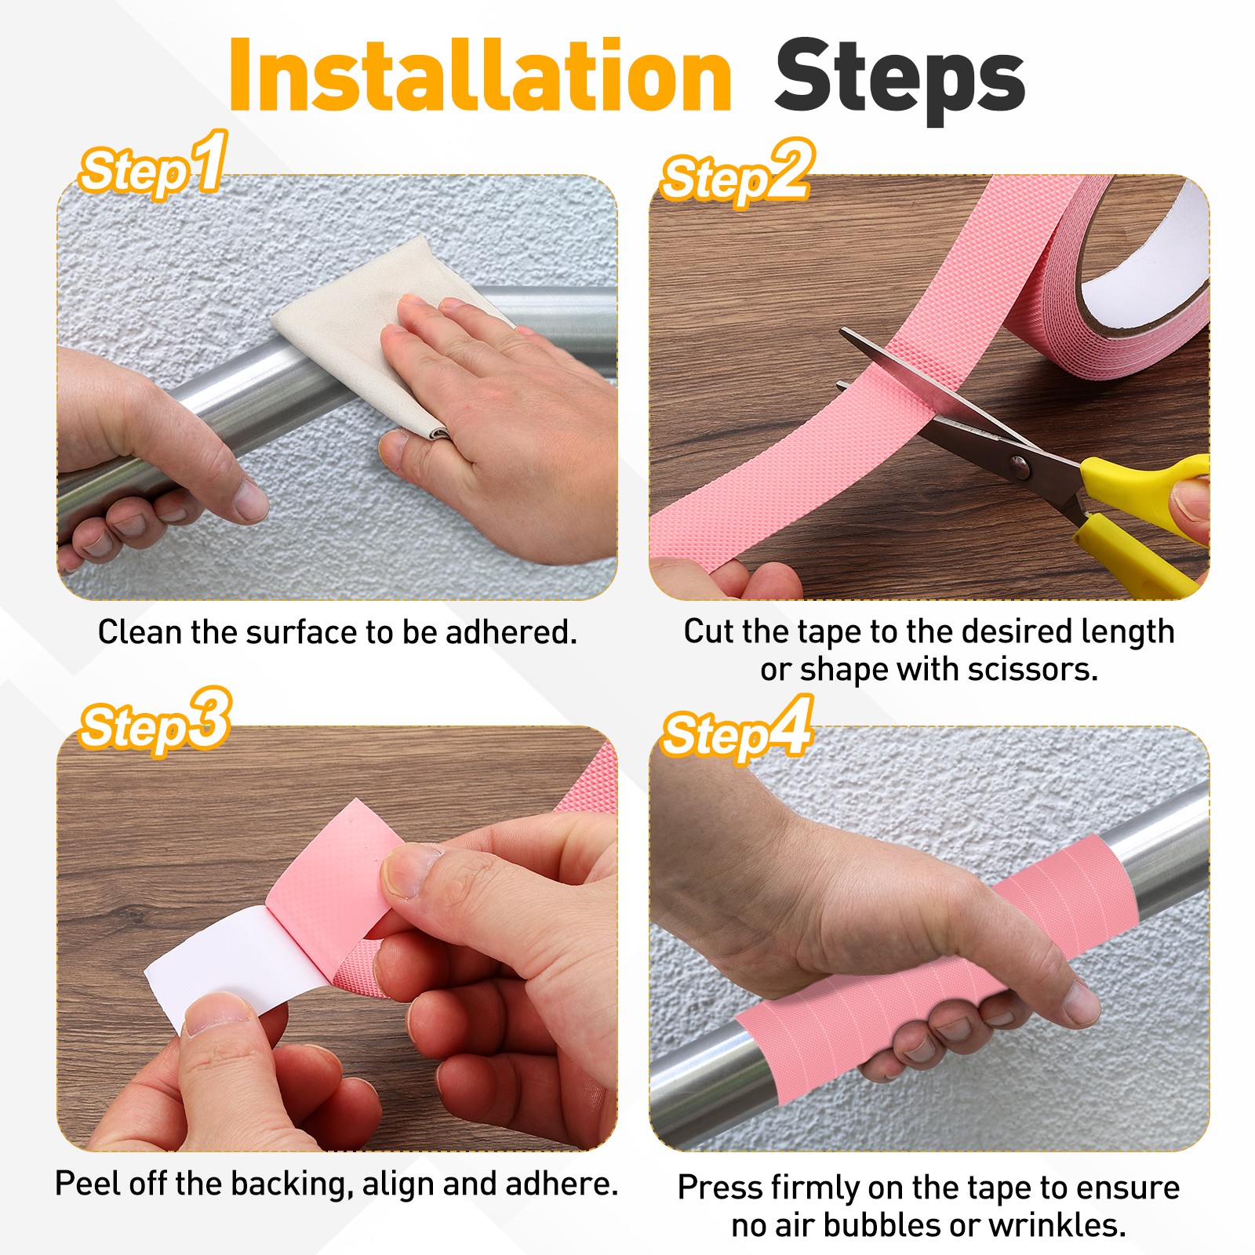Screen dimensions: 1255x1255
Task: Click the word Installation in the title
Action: coord(480,76)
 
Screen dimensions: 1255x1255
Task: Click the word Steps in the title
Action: coord(900,81)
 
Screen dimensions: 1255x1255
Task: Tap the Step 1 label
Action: coord(154,166)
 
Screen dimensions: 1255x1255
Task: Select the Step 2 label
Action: coord(737,173)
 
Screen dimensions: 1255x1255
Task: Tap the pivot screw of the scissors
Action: coord(1019,467)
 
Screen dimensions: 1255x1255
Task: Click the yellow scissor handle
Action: coord(1141,518)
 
